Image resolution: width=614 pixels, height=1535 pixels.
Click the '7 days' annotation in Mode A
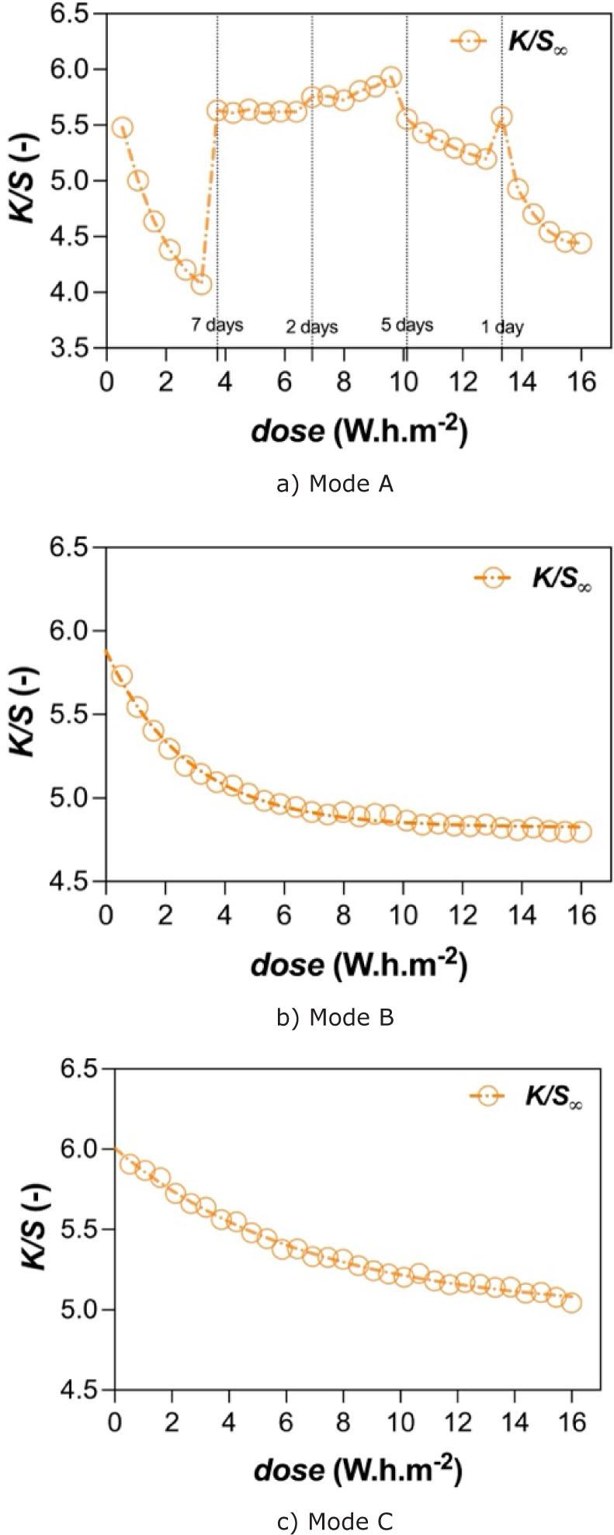click(217, 324)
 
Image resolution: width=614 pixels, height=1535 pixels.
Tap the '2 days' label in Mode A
click(311, 327)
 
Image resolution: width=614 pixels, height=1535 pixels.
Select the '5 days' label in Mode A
click(407, 324)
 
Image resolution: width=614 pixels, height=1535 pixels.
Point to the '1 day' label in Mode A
click(501, 327)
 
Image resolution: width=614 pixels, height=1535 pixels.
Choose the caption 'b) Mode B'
click(335, 1017)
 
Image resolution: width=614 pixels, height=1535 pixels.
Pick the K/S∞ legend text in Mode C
click(553, 1097)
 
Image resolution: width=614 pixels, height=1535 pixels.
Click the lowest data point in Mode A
click(201, 284)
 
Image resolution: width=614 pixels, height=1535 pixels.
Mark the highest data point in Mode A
click(391, 78)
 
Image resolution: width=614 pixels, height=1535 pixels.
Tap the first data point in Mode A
click(122, 127)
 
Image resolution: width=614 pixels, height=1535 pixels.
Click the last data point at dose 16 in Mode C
click(571, 1303)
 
